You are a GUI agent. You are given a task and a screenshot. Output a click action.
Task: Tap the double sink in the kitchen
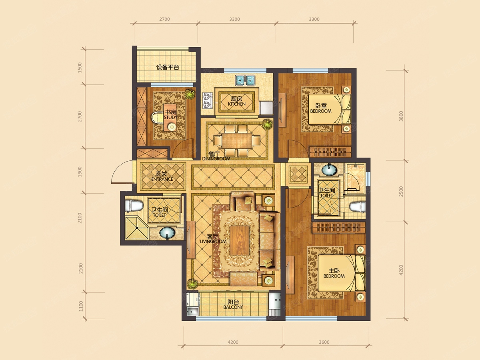coord(245,80)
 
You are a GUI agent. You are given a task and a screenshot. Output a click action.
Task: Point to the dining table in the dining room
coord(237,140)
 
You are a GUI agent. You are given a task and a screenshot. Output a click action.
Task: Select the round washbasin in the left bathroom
coord(167,233)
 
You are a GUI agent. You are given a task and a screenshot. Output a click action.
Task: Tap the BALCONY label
coord(233,307)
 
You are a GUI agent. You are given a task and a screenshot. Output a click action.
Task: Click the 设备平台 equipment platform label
coord(168,67)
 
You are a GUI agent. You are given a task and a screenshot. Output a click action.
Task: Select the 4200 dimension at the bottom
coord(233,342)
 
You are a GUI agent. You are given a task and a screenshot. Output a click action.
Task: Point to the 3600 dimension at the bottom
coord(324,342)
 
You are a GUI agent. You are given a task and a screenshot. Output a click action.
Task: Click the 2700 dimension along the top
coord(164,19)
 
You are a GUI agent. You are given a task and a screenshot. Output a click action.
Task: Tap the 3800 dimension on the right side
coord(401,116)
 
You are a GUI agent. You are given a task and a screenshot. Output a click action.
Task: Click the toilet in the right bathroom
coord(357,207)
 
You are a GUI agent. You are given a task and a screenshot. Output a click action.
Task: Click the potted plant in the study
coord(189,94)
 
